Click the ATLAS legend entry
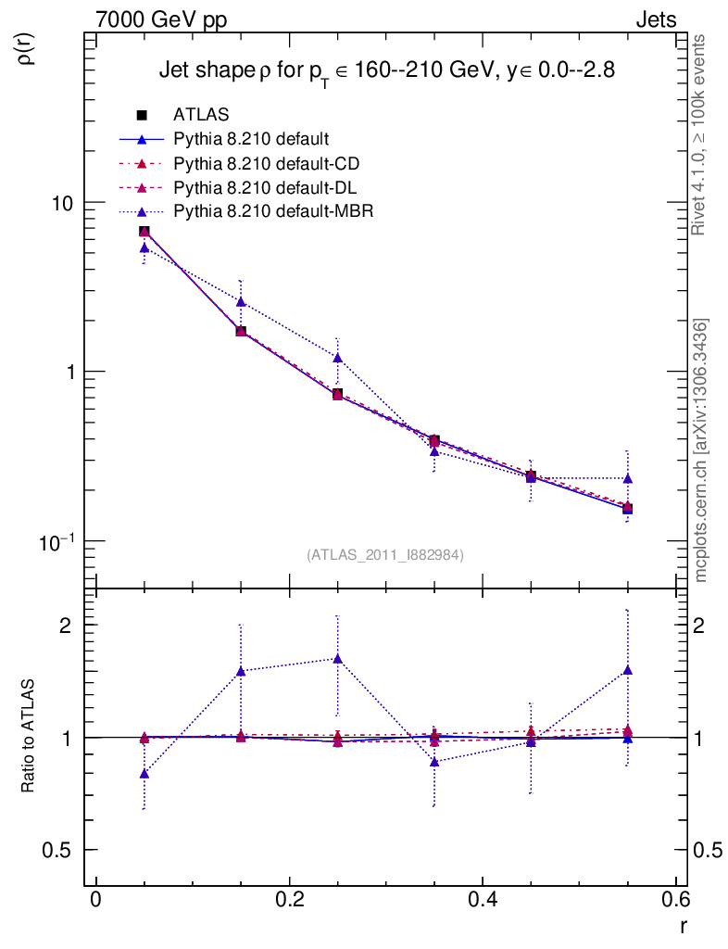coord(200,115)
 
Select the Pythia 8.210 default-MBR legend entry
coord(273,212)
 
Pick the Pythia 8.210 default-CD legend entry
coord(266,164)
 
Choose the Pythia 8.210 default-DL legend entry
coord(266,188)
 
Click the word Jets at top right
coord(655,19)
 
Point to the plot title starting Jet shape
coord(386,70)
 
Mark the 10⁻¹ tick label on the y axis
coord(65,539)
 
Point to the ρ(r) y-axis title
coord(27,47)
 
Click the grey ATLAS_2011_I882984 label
coord(385,554)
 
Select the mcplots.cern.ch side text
coord(701,450)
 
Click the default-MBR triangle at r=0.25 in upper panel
coord(337,357)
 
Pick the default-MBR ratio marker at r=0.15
coord(241,671)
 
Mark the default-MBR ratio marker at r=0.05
coord(144,773)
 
